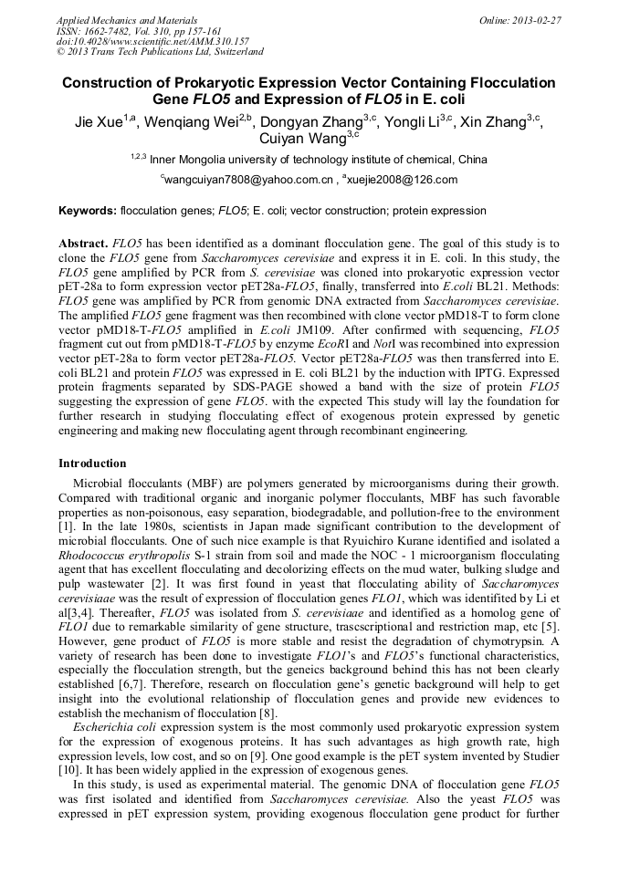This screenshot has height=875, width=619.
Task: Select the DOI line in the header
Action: (x=152, y=41)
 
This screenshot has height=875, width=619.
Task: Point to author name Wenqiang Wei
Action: (x=195, y=122)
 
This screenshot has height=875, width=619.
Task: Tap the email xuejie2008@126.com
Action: (x=403, y=181)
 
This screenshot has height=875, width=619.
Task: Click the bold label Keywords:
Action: (x=87, y=211)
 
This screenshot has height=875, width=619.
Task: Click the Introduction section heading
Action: (x=92, y=464)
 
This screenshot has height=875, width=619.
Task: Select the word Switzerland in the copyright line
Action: (x=236, y=52)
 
